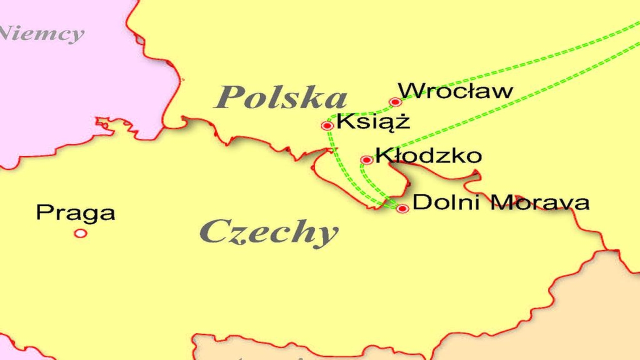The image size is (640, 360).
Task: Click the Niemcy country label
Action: tap(42, 34)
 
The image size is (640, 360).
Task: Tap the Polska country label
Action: tap(280, 97)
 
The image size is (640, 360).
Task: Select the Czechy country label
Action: tap(269, 231)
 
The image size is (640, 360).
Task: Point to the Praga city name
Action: tap(75, 213)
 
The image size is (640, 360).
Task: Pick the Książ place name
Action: tap(373, 121)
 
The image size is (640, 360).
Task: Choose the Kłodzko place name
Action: tap(428, 155)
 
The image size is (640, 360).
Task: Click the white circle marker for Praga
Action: tap(80, 233)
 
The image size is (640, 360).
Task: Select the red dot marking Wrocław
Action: tap(395, 102)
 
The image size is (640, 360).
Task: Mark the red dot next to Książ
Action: tap(327, 125)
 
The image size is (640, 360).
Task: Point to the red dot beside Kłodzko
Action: tap(366, 160)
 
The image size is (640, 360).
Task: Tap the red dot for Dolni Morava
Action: tap(402, 208)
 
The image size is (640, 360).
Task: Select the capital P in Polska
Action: tap(226, 97)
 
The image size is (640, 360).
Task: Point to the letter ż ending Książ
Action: tap(402, 121)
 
